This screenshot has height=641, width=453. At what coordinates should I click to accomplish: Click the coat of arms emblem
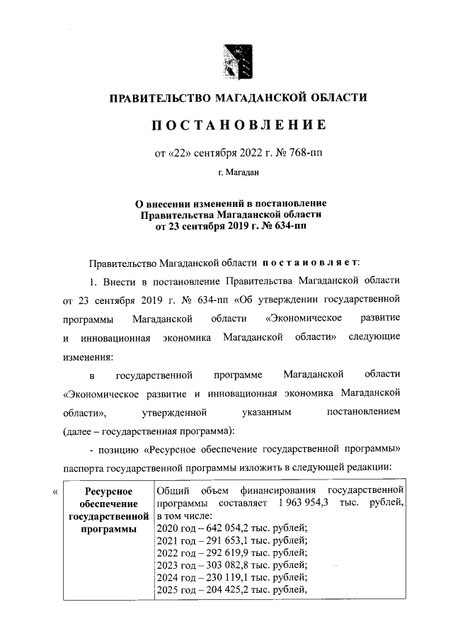point(235,62)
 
